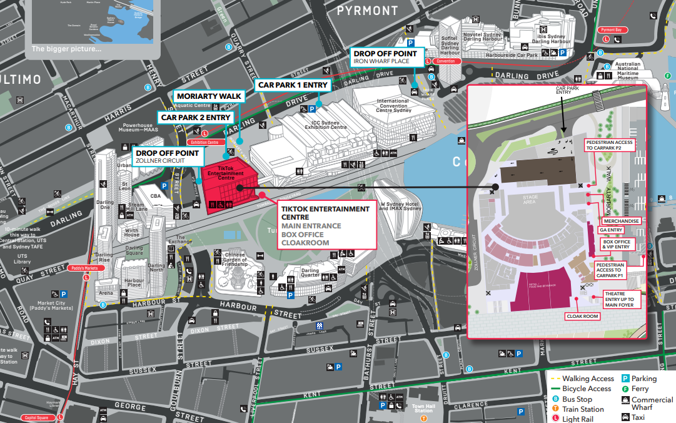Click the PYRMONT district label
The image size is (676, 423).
click(x=367, y=10)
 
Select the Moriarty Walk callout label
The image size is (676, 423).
click(x=209, y=96)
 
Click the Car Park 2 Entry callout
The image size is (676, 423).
click(x=196, y=117)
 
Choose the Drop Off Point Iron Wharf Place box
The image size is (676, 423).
click(x=388, y=57)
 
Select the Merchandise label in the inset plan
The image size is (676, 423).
click(x=620, y=221)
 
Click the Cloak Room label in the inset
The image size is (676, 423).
click(x=582, y=317)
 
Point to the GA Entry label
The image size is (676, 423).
click(x=611, y=230)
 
